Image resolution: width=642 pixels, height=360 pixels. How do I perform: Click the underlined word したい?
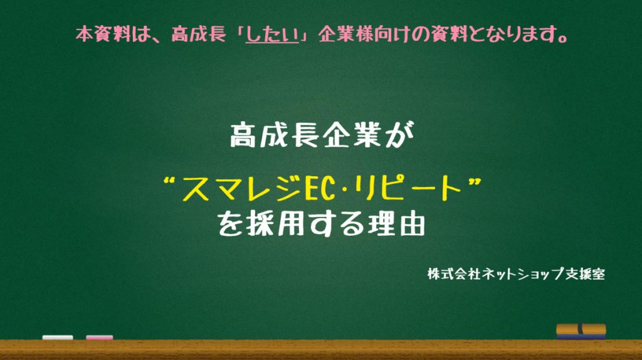(272, 34)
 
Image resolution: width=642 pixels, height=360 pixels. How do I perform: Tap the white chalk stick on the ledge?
(58, 337)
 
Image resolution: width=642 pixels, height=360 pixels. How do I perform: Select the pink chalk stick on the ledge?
(100, 337)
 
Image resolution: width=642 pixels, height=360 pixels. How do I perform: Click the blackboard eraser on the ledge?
(581, 331)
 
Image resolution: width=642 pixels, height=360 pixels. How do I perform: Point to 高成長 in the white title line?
(275, 135)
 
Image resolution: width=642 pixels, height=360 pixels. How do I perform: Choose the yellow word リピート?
(409, 189)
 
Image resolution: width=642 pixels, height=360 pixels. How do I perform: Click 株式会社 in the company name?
(454, 274)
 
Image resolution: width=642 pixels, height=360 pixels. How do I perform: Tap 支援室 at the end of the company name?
(585, 274)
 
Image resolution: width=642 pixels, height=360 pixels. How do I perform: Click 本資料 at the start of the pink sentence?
(102, 34)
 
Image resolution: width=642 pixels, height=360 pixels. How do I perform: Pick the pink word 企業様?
(345, 34)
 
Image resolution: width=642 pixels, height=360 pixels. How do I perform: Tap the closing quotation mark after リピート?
(474, 181)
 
